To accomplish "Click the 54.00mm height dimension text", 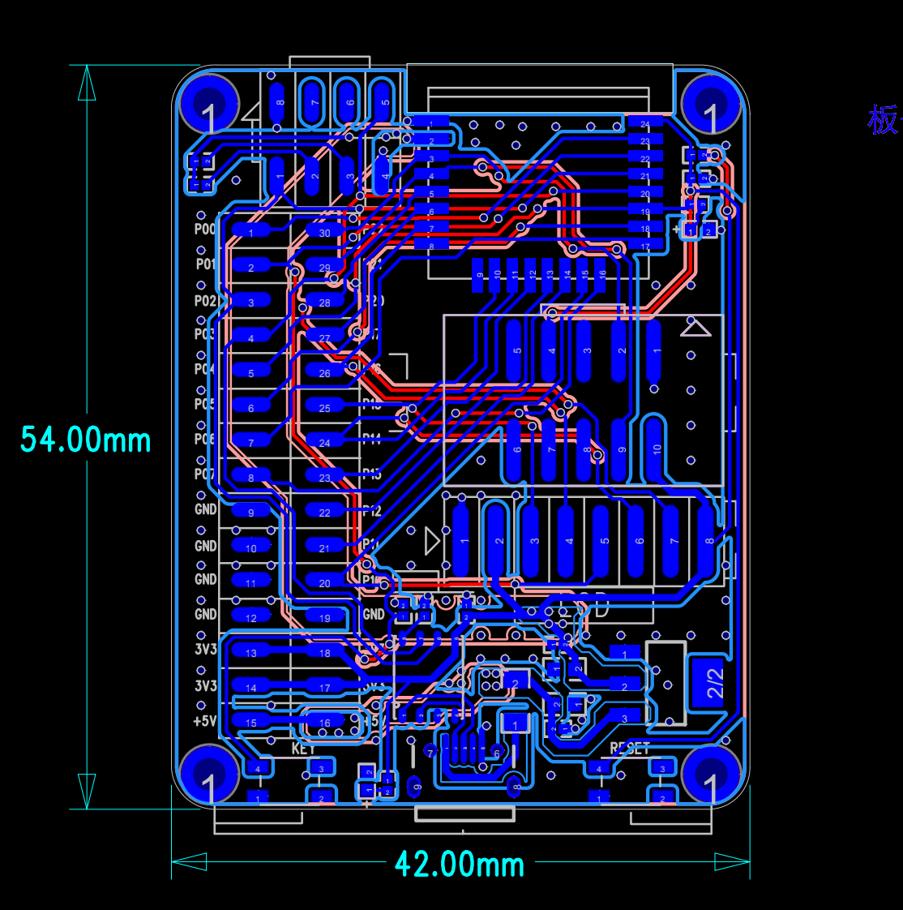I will click(x=86, y=440).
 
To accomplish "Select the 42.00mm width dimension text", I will click(x=460, y=864).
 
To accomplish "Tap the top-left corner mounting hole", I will click(x=209, y=103).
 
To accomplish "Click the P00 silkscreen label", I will click(x=205, y=230).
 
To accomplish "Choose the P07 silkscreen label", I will click(x=205, y=474).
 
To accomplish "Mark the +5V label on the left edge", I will click(x=205, y=721).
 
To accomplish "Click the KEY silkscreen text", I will click(x=303, y=749).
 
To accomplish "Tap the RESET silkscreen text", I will click(x=630, y=749).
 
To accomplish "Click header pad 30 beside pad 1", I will click(x=324, y=233).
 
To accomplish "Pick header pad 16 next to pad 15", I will click(x=324, y=722).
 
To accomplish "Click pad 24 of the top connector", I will click(x=645, y=124).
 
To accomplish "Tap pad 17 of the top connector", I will click(x=645, y=247).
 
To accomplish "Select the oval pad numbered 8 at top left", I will click(x=277, y=102).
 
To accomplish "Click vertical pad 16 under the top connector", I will click(x=601, y=275).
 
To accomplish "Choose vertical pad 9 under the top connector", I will click(x=478, y=276).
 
